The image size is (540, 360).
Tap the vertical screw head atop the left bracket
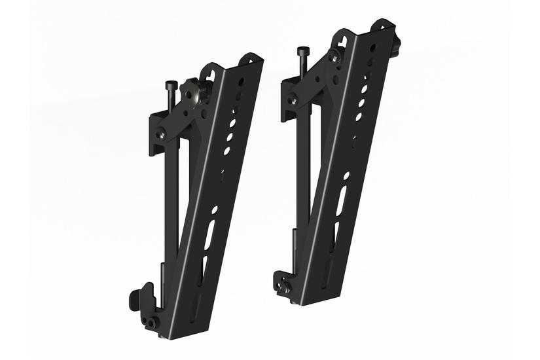pos(171,84)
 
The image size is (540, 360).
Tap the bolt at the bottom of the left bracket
pos(152,322)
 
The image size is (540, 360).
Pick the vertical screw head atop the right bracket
pos(302,50)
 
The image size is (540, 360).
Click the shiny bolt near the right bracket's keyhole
pos(335,56)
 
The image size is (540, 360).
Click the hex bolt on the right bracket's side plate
pos(293,100)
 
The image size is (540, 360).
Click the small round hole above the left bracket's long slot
pos(214,210)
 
